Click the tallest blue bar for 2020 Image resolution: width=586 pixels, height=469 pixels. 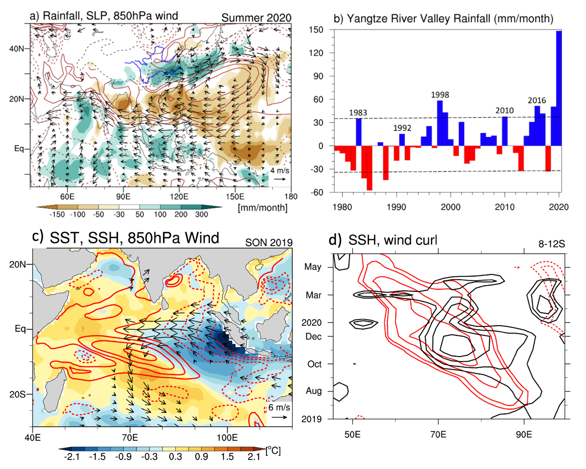[559, 88]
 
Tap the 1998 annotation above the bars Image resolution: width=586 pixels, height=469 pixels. [440, 95]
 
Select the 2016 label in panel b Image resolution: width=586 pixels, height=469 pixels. [536, 100]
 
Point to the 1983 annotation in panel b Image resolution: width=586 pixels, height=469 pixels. [358, 113]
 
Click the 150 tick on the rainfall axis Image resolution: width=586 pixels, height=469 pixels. [317, 30]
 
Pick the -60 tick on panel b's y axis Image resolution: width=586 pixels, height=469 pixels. [317, 192]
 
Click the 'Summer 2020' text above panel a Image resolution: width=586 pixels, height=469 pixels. [256, 18]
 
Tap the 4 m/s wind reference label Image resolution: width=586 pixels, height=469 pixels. [280, 170]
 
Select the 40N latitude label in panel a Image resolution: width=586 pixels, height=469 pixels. [17, 48]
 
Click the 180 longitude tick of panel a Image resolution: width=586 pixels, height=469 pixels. [291, 196]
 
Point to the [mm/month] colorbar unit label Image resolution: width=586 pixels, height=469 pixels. [262, 208]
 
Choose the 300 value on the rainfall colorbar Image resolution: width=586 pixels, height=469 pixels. [201, 214]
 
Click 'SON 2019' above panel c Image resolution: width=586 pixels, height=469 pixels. [269, 243]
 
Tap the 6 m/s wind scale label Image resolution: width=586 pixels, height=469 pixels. [279, 407]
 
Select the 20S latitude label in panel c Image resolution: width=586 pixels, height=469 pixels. [17, 394]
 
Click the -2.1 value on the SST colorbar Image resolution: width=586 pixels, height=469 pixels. [72, 457]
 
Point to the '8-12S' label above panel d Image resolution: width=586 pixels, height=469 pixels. [552, 244]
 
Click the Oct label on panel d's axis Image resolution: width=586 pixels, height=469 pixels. [315, 364]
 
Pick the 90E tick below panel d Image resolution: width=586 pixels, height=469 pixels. [524, 435]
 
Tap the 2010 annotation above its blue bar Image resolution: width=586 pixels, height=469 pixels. [504, 110]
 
